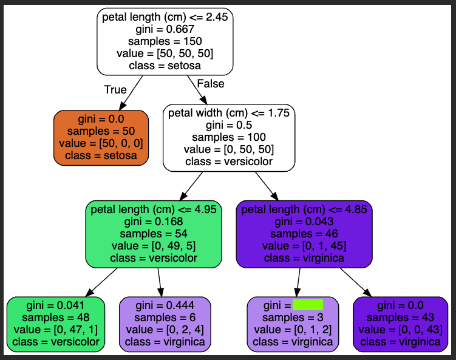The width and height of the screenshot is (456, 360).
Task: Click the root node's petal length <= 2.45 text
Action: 165,18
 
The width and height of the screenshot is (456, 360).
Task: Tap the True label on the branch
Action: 115,90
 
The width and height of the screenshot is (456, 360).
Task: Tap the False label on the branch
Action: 211,84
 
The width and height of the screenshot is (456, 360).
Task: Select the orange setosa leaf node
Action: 101,138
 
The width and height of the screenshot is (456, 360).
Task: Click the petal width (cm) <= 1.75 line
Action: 229,113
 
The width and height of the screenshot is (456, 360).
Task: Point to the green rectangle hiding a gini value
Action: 307,305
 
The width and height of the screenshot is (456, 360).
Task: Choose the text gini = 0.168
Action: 153,222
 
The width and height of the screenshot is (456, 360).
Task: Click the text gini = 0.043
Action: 304,222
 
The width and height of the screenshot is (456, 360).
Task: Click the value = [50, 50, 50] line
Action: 165,53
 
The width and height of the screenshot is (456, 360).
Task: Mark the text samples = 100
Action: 229,137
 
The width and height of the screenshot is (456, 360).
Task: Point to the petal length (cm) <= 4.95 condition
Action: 153,210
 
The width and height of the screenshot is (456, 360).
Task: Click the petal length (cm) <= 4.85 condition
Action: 304,210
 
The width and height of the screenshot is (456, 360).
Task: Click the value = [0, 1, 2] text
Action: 293,330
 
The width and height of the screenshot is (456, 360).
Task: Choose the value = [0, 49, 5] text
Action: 153,246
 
